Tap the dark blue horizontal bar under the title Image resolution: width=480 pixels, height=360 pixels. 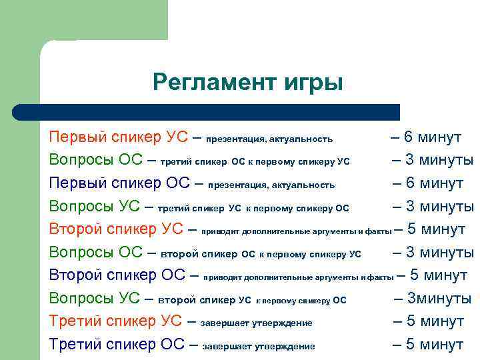click(220, 112)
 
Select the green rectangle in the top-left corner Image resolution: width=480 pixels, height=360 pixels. click(83, 20)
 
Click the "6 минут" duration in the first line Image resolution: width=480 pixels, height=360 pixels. click(433, 137)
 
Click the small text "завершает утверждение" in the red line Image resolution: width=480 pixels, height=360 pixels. click(256, 323)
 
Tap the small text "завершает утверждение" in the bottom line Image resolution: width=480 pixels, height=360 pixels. click(259, 346)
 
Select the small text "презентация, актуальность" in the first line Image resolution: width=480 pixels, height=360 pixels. click(269, 139)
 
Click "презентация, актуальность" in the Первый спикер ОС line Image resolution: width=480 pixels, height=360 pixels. click(271, 185)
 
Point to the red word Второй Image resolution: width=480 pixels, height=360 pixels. click(73, 229)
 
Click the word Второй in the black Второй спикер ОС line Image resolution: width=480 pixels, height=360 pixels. click(73, 275)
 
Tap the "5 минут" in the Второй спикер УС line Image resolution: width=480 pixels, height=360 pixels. click(436, 229)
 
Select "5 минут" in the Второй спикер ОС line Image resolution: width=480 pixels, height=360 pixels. click(438, 275)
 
